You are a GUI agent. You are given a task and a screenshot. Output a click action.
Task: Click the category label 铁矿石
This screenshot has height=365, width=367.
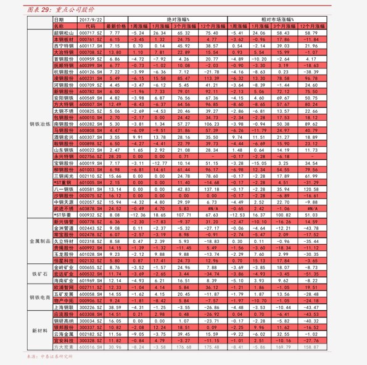click(39, 273)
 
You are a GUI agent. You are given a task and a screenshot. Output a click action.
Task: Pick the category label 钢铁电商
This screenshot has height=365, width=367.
click(39, 297)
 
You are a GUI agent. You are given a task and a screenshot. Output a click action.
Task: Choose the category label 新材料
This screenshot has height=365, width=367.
click(39, 331)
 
